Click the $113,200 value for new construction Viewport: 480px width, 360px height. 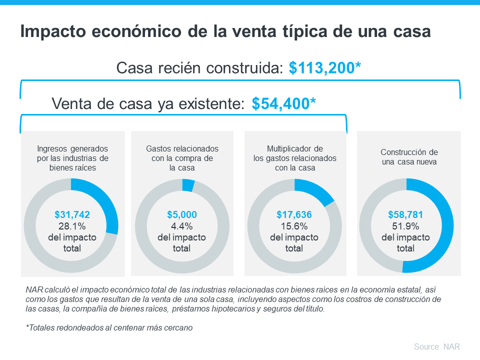click(324, 68)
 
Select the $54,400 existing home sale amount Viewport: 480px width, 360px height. click(283, 103)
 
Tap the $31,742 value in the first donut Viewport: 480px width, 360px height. click(72, 215)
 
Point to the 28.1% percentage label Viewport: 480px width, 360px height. click(72, 226)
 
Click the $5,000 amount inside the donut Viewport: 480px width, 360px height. click(181, 215)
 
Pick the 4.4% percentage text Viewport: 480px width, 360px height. click(181, 226)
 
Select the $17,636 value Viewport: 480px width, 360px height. click(294, 215)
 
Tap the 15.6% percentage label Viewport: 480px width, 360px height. click(294, 226)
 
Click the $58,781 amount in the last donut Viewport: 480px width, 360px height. click(405, 215)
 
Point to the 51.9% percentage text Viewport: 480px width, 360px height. click(405, 226)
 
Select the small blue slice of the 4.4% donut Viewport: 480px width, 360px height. click(188, 185)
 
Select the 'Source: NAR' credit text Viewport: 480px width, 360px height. click(436, 346)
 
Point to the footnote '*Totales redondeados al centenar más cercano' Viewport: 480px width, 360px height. click(108, 328)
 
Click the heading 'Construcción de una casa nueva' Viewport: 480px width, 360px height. click(409, 157)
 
